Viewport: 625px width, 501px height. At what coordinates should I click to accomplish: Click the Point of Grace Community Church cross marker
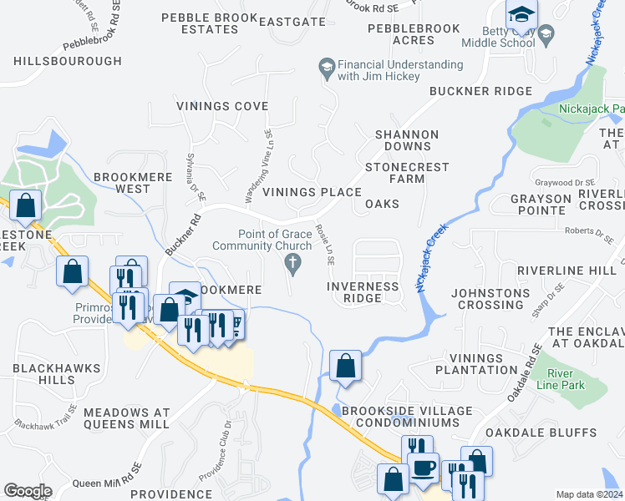pos(292,265)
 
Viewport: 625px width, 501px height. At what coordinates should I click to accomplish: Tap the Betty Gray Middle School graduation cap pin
pos(521,14)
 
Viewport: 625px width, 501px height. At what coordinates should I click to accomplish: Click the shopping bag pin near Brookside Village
pos(345,366)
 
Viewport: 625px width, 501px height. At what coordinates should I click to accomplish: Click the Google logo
pos(28,491)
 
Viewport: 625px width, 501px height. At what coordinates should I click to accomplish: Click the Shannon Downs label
pos(406,140)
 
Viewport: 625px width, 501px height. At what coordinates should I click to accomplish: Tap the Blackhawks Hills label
pos(55,373)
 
